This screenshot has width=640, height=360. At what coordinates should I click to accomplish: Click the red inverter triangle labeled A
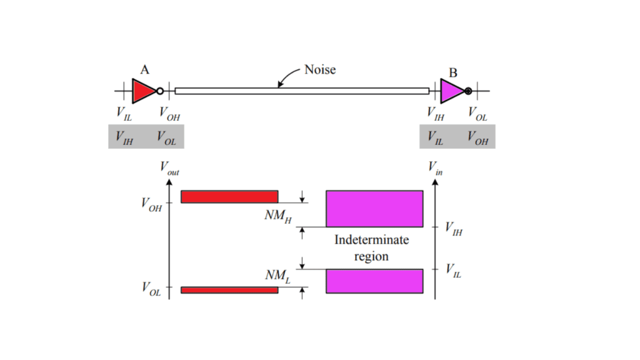(x=142, y=91)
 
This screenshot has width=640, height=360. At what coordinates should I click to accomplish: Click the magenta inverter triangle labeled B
(x=451, y=91)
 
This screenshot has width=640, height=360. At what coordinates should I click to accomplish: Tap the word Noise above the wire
(x=320, y=69)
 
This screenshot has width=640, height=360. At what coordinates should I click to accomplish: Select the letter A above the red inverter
(x=144, y=70)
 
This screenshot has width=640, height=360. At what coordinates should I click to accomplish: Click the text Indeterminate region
(x=371, y=247)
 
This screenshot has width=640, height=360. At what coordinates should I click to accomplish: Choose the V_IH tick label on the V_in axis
(x=454, y=229)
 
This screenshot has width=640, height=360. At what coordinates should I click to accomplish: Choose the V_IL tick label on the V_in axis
(x=454, y=270)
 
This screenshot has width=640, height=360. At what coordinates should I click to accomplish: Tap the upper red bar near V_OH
(x=229, y=197)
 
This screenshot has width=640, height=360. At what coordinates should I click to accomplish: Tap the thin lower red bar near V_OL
(x=229, y=290)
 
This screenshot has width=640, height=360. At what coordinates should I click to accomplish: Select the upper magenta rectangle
(x=374, y=209)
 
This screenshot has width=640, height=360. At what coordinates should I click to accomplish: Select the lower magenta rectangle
(x=374, y=281)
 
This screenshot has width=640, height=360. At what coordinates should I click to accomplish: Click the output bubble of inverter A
(x=160, y=91)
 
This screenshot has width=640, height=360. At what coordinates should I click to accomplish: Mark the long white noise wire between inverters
(x=302, y=91)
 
